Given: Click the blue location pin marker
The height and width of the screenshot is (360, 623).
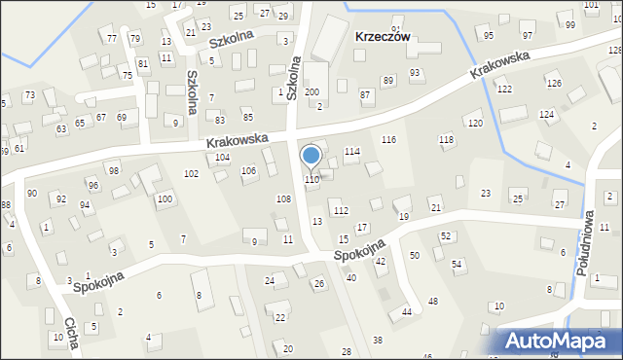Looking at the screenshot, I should [x=311, y=157].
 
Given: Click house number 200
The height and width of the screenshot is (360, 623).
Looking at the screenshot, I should [x=311, y=91].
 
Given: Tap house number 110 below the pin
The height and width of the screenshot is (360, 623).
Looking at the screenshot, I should [x=311, y=180].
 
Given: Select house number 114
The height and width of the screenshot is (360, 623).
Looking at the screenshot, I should [x=352, y=152].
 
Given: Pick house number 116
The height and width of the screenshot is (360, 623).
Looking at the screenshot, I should [x=388, y=141].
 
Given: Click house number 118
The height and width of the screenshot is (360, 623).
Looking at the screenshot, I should [x=447, y=141].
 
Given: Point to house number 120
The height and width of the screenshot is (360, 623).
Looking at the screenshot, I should [x=475, y=124].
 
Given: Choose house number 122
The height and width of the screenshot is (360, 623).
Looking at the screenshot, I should [x=504, y=90].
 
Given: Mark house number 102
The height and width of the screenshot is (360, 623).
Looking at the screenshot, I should [x=192, y=173].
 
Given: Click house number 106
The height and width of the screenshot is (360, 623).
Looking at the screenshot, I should [x=249, y=171].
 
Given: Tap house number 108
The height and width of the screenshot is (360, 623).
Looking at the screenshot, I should [x=283, y=198].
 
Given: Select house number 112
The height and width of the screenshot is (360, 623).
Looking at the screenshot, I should [x=341, y=210].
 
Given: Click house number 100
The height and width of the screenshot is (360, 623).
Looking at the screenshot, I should [x=165, y=199].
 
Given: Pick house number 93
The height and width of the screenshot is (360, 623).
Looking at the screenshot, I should [x=415, y=73].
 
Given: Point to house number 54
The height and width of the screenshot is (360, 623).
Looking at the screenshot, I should [x=456, y=265].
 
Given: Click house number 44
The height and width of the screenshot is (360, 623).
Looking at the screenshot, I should [x=407, y=311].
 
